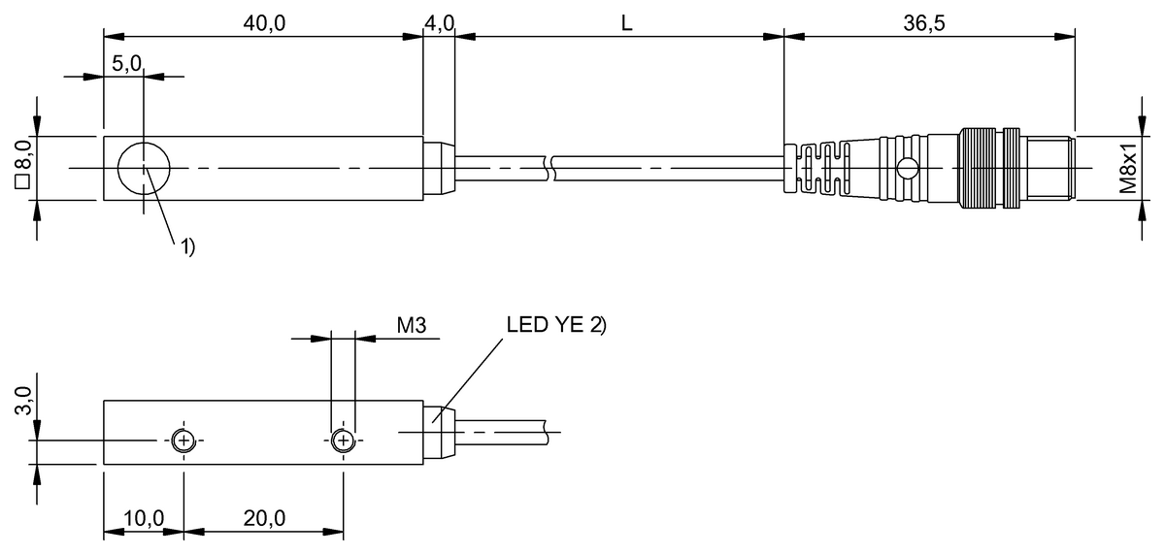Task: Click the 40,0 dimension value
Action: [x=264, y=23]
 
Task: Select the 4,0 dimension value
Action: [x=440, y=23]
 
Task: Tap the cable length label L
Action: [x=627, y=23]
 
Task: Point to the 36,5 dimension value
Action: [x=923, y=23]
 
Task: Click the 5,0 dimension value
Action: [x=126, y=63]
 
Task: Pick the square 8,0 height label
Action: [x=24, y=164]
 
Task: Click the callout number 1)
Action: [x=187, y=246]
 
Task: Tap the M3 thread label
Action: [x=412, y=325]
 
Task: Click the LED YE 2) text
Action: [x=556, y=325]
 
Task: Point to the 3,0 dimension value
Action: [x=24, y=400]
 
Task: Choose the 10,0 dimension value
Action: [x=144, y=518]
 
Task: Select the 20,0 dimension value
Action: [x=264, y=518]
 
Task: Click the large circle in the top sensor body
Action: [x=144, y=143]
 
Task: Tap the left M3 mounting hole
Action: [x=183, y=441]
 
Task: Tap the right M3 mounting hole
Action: [x=344, y=441]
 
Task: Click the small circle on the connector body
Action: [x=907, y=169]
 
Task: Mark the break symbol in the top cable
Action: [x=549, y=169]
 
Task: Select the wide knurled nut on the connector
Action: [x=978, y=169]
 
